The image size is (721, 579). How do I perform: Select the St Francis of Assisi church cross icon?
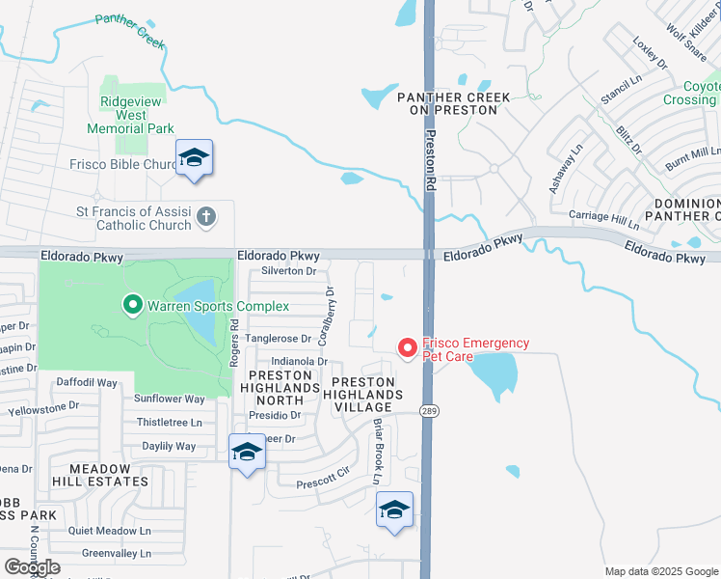tap(205, 217)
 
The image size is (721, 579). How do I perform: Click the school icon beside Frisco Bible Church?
tap(194, 158)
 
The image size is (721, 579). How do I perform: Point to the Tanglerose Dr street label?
tap(278, 339)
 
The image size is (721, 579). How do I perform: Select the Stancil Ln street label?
tap(594, 92)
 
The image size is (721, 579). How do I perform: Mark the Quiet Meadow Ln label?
tap(110, 530)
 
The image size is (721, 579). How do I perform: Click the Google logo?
tap(32, 567)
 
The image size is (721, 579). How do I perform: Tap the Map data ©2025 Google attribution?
tap(660, 570)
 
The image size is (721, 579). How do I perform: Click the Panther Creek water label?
tap(130, 31)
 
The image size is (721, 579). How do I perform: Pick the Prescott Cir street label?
tap(321, 478)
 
